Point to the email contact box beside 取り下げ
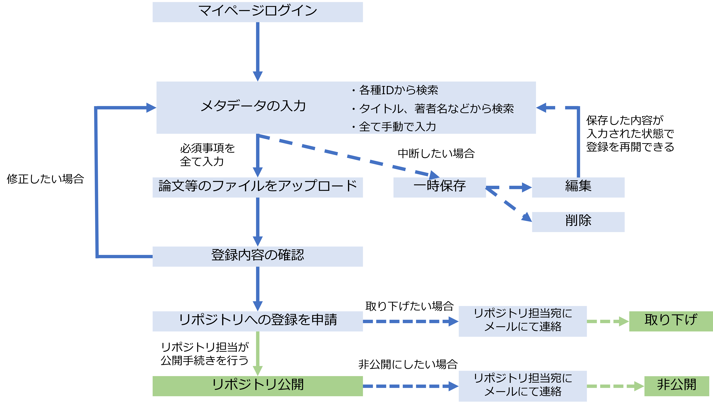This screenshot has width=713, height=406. tap(522, 321)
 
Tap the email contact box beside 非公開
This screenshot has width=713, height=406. tap(522, 386)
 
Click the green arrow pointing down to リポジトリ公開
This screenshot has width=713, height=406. tap(257, 353)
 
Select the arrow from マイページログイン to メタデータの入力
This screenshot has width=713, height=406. tap(257, 50)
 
